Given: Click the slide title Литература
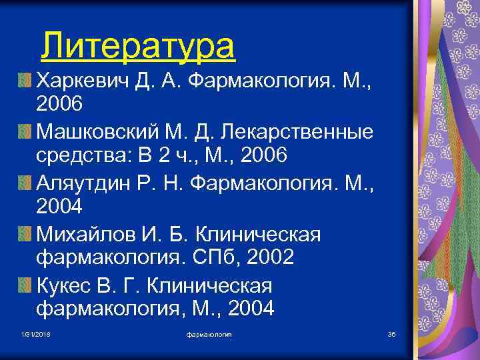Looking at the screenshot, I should coord(137,46).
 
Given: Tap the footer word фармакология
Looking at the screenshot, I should coord(209,334).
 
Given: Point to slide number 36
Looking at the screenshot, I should coord(391,334).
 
